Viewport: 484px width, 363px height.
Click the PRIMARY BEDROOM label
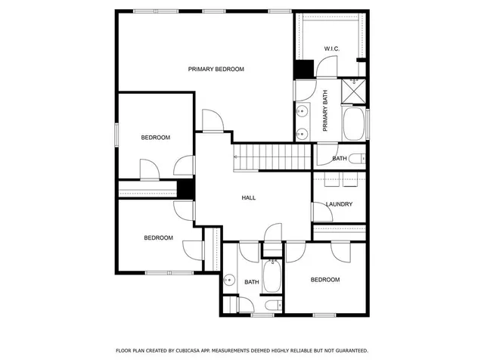[216, 69]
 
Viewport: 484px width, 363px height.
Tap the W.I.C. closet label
[332, 49]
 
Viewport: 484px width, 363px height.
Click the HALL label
[248, 198]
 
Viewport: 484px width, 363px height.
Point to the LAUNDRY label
[339, 204]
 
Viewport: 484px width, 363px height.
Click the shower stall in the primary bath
[354, 91]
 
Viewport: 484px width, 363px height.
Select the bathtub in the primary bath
[354, 123]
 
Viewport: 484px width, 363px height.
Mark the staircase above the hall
[272, 157]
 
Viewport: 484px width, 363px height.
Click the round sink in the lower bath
[229, 277]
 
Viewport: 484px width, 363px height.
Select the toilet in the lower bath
[271, 306]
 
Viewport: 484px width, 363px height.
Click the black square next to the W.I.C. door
[304, 67]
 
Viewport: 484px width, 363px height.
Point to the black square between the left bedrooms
[185, 188]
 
